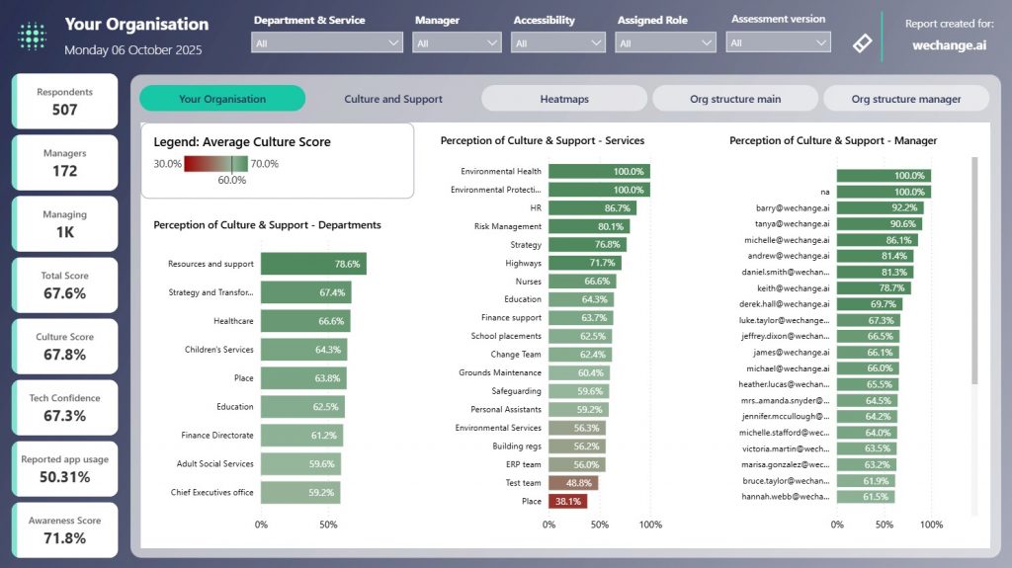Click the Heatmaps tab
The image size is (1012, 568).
coord(564,99)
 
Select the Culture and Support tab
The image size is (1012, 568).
coord(393,99)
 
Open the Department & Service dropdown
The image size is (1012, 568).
coord(328,43)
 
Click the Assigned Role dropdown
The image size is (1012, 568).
coord(666,43)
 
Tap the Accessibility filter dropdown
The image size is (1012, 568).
coord(558,43)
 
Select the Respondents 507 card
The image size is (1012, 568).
coord(64,102)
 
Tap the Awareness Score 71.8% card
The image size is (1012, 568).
coord(64,530)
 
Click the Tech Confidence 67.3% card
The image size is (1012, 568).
coord(64,408)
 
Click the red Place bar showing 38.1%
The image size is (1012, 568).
coord(567,501)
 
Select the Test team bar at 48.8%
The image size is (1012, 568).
coord(573,483)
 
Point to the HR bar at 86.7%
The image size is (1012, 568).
coord(592,208)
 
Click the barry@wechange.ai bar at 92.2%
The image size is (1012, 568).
coord(879,207)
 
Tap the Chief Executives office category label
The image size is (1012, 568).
coord(211,493)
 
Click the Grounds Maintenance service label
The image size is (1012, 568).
coord(500,373)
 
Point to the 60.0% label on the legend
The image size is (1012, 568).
coord(231,180)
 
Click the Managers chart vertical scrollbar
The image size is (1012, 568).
coord(974,267)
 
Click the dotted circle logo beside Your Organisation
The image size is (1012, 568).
coord(33,36)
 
